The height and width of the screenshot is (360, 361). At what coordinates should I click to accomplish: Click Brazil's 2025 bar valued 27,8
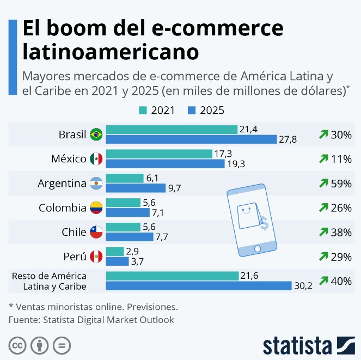point(191,139)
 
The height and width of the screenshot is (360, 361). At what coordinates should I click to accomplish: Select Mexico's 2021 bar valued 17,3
point(158,154)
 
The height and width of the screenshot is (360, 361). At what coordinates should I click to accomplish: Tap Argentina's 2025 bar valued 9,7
point(135,188)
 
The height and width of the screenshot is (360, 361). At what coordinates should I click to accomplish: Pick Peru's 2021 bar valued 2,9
point(114,252)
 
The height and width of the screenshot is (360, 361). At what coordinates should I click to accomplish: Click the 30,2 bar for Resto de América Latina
point(198,286)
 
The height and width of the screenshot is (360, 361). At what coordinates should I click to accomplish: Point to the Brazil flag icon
point(96,134)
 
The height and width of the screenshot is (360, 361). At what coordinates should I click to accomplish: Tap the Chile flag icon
point(96,232)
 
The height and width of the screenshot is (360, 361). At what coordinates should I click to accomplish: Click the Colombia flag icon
point(96,208)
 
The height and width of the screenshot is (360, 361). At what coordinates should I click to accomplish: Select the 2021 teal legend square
point(144,111)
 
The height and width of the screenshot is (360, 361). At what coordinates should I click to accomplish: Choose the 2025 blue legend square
point(192,111)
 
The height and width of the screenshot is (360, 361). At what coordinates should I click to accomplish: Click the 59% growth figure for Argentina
point(341,184)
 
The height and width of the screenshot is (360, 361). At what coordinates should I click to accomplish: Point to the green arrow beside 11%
point(323,159)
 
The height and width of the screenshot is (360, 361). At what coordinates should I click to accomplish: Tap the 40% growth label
point(341,281)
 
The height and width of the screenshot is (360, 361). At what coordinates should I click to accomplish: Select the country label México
point(69,159)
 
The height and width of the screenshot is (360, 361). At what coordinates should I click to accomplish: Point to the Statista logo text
point(297,345)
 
